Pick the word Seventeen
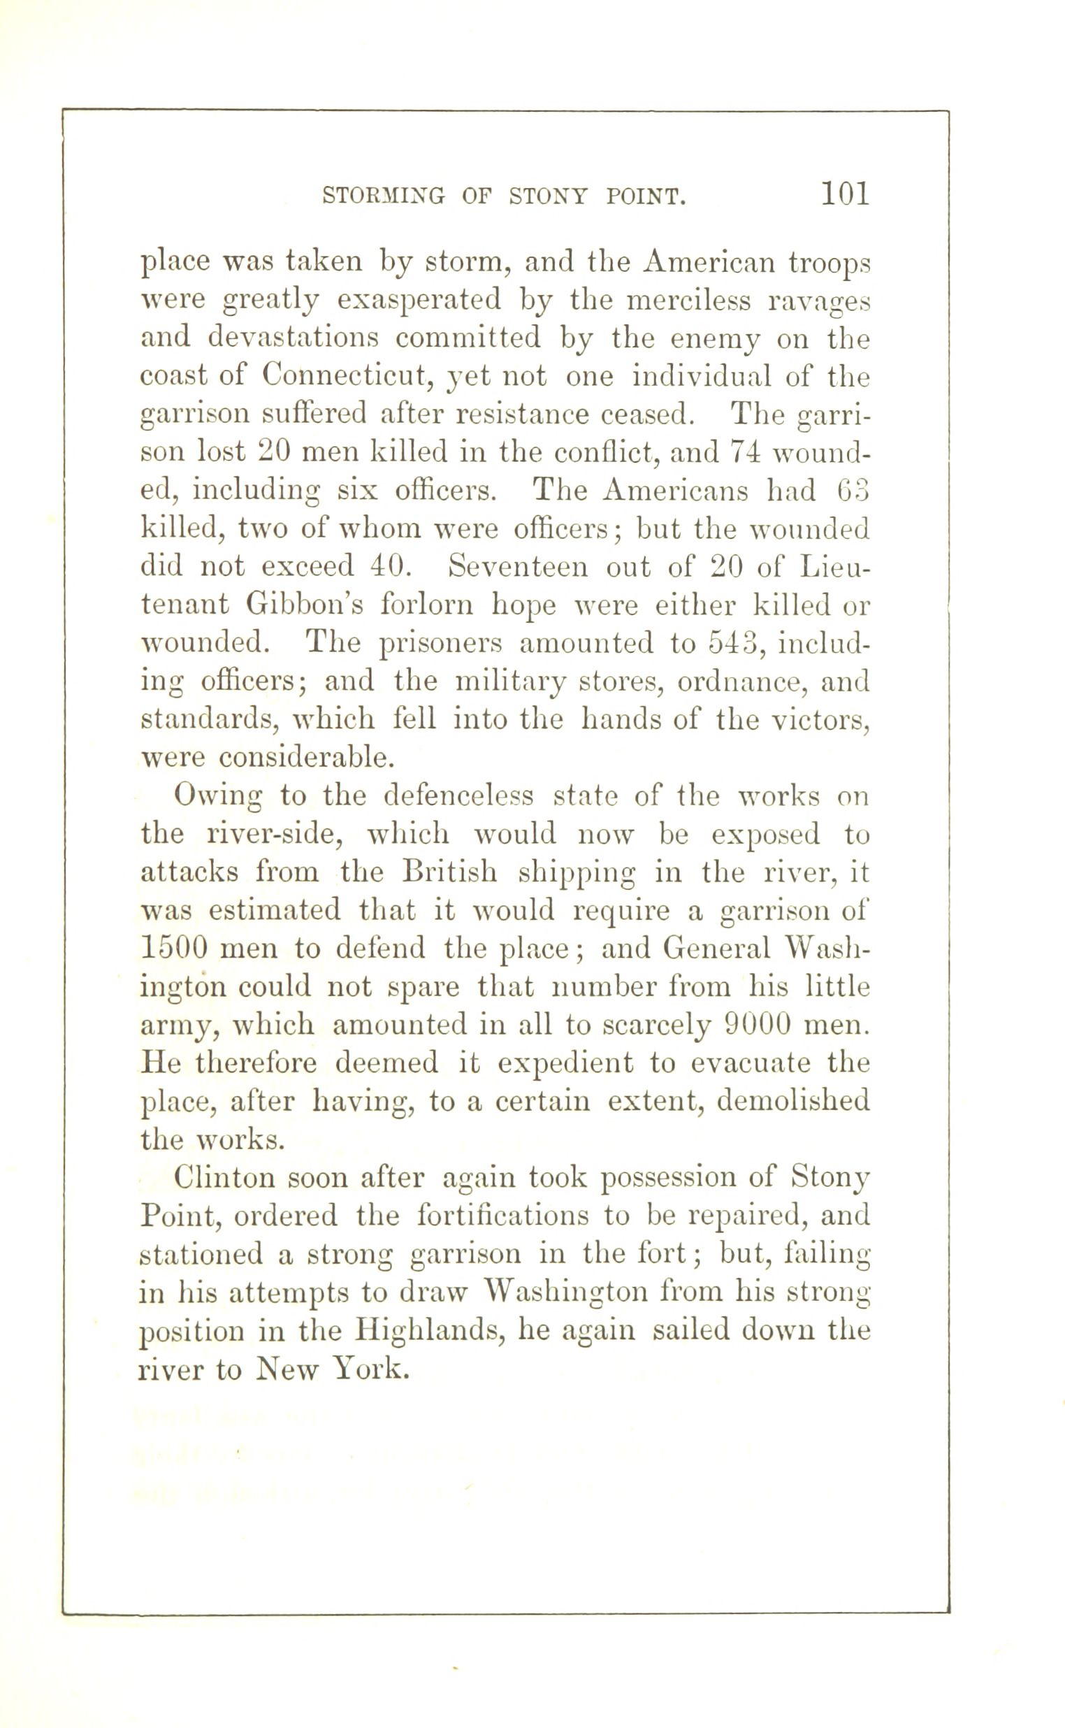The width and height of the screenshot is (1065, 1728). pyautogui.click(x=519, y=566)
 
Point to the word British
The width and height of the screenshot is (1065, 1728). pyautogui.click(x=451, y=872)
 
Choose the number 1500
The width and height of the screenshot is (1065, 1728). pyautogui.click(x=174, y=948)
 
